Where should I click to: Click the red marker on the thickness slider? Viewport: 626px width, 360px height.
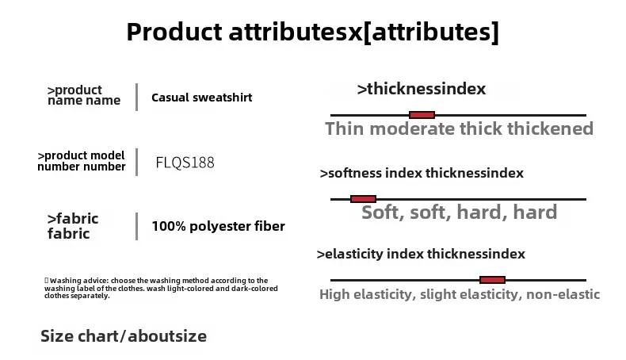point(422,115)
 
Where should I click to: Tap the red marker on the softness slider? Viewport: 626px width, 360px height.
point(363,198)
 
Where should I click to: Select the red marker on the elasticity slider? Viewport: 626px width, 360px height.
point(492,280)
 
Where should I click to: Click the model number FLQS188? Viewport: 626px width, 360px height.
point(185,163)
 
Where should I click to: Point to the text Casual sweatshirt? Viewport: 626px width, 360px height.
point(201,98)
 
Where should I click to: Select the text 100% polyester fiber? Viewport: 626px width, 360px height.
point(219,226)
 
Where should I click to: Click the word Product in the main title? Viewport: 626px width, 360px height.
point(174,32)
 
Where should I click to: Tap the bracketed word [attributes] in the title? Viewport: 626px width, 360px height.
point(431,32)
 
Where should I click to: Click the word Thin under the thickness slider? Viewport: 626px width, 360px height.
point(345,128)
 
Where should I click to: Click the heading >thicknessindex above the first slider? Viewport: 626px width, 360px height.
point(422,89)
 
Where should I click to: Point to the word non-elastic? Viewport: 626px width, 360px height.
point(563,294)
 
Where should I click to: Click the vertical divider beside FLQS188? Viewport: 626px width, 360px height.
point(137,163)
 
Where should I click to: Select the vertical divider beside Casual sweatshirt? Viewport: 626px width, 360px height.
point(137,97)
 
